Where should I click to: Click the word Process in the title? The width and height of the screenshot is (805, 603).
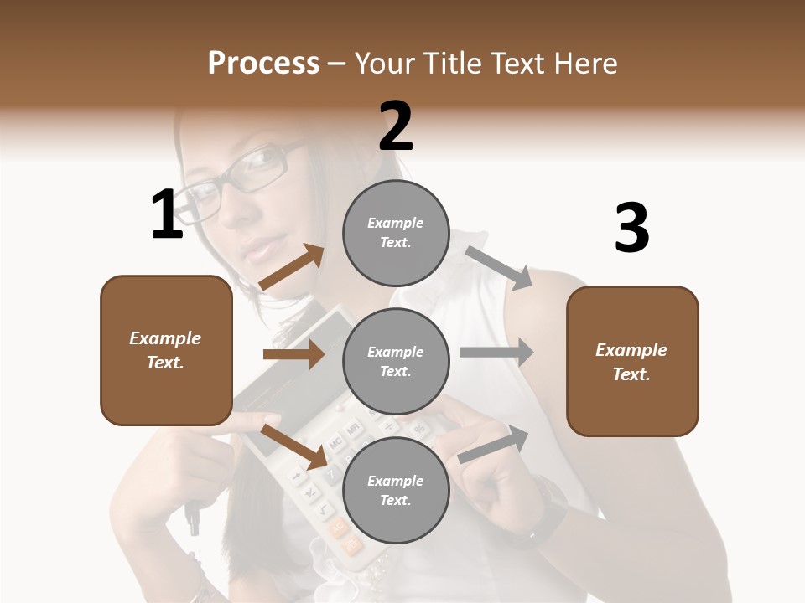tap(263, 64)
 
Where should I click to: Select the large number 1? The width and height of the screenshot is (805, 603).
tap(167, 214)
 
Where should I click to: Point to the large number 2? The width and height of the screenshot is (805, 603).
tap(396, 126)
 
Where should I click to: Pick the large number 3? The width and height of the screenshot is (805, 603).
tap(631, 228)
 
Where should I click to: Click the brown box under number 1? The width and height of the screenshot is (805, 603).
tap(166, 350)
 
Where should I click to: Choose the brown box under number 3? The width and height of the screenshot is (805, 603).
tap(632, 361)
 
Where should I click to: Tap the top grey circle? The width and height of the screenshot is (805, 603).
tap(396, 233)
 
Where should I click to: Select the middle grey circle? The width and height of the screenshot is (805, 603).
tap(396, 361)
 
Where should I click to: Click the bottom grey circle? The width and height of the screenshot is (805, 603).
tap(396, 490)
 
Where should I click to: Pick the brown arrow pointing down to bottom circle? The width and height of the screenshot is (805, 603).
tap(294, 446)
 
